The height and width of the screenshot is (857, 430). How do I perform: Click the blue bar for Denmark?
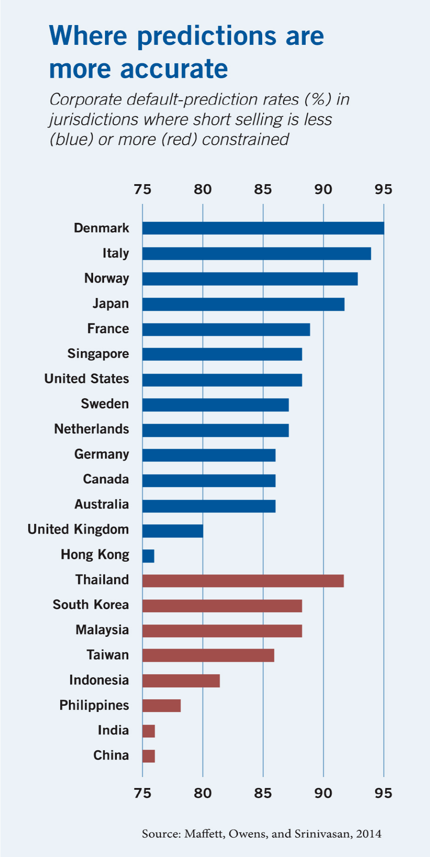pyautogui.click(x=263, y=228)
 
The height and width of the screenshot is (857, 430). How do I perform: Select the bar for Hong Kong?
pyautogui.click(x=148, y=556)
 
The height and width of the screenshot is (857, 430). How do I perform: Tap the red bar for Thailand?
pyautogui.click(x=242, y=581)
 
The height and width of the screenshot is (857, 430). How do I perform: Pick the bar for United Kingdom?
pyautogui.click(x=173, y=531)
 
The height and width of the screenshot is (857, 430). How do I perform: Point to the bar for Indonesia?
pyautogui.click(x=181, y=681)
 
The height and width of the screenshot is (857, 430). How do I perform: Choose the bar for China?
pyautogui.click(x=148, y=756)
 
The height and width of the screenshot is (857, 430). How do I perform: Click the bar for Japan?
pyautogui.click(x=243, y=304)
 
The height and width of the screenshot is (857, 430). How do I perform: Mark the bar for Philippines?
pyautogui.click(x=161, y=706)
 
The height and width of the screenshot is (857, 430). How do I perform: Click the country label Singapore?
pyautogui.click(x=98, y=354)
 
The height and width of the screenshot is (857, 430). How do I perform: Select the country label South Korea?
pyautogui.click(x=90, y=605)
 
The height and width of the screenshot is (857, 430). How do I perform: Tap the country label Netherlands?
pyautogui.click(x=91, y=429)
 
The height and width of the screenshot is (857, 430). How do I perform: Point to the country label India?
pyautogui.click(x=113, y=730)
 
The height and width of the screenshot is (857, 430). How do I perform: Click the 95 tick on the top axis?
pyautogui.click(x=383, y=189)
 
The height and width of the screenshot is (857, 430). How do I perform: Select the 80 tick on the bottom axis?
pyautogui.click(x=202, y=793)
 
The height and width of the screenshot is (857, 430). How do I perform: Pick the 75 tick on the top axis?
pyautogui.click(x=142, y=189)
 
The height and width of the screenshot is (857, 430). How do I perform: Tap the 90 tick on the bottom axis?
pyautogui.click(x=323, y=793)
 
